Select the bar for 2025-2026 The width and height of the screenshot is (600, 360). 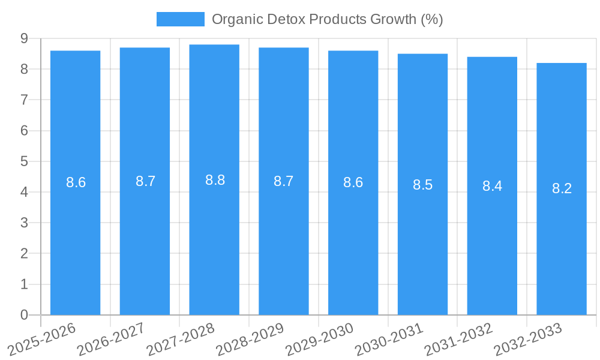click(75, 240)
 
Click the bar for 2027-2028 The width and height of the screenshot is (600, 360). click(214, 240)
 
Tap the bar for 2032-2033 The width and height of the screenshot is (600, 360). click(562, 240)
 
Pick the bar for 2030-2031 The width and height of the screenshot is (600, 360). click(422, 240)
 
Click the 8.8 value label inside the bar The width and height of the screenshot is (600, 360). click(215, 180)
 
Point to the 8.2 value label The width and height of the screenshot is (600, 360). click(562, 188)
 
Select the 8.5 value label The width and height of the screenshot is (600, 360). click(422, 185)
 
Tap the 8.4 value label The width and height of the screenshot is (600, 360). click(492, 186)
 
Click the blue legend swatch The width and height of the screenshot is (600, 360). click(180, 19)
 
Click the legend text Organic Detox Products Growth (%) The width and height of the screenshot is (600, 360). click(327, 19)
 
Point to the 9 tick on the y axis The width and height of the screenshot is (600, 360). click(24, 38)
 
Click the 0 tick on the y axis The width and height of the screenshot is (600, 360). click(24, 315)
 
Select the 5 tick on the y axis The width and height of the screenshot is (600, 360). click(24, 161)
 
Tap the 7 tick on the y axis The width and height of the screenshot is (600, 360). click(24, 100)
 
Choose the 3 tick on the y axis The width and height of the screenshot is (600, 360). click(24, 223)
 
